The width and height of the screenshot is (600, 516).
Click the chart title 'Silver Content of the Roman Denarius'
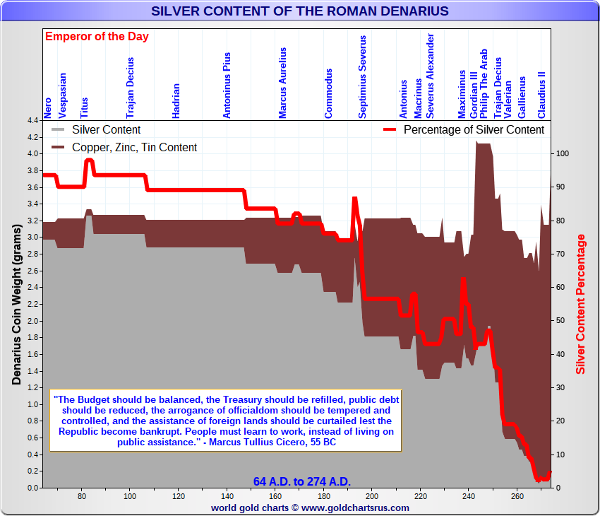tap(299, 11)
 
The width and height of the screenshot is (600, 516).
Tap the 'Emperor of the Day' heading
tap(97, 37)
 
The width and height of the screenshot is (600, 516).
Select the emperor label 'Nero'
tap(47, 107)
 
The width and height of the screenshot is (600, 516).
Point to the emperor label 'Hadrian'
tap(176, 100)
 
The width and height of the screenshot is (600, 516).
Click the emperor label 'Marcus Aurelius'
tap(282, 83)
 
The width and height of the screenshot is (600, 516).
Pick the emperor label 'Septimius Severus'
tap(362, 77)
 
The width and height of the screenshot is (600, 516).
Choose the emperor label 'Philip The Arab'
tap(484, 83)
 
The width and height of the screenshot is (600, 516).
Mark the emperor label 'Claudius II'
tap(541, 95)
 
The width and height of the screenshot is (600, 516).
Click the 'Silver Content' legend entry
tap(106, 130)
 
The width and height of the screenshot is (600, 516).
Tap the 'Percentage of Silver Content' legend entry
tap(474, 130)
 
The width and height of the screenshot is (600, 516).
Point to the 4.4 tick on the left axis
tap(32, 120)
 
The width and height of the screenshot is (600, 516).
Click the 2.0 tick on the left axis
tap(32, 321)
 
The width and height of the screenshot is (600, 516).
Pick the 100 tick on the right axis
tap(563, 153)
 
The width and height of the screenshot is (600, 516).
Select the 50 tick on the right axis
tap(561, 321)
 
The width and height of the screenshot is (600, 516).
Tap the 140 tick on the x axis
tap(227, 496)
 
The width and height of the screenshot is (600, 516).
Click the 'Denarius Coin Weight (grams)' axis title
tap(16, 305)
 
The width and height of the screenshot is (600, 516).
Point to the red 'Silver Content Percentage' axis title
tap(581, 305)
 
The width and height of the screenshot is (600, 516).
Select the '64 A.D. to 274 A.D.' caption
tap(301, 481)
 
